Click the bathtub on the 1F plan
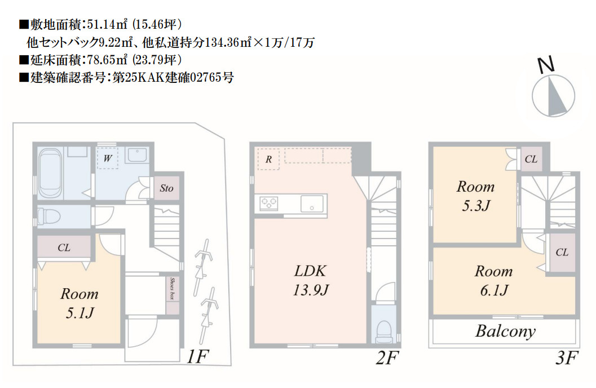click(x=50, y=173)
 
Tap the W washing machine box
click(x=108, y=158)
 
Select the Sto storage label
click(x=166, y=188)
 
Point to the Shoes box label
click(x=173, y=289)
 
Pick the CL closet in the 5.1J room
click(x=64, y=248)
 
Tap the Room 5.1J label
click(x=80, y=303)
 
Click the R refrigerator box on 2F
click(x=268, y=159)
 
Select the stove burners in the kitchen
click(x=269, y=204)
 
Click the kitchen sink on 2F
click(x=312, y=204)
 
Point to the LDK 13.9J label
click(x=311, y=280)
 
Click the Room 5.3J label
click(x=475, y=196)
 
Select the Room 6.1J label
click(x=494, y=280)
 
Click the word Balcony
click(x=506, y=332)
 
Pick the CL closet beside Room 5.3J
click(x=531, y=159)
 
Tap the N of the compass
click(x=546, y=65)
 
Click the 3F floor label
click(x=567, y=358)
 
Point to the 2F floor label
click(x=387, y=358)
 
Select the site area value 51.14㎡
click(x=107, y=25)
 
